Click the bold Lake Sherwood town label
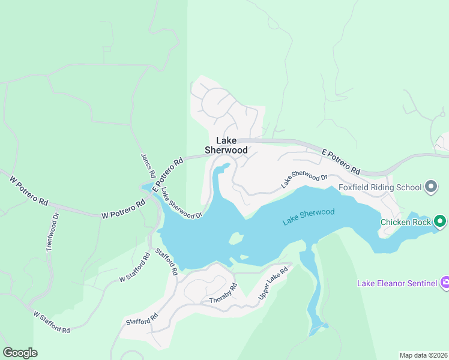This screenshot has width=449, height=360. click(226, 145)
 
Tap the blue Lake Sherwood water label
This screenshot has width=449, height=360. click(308, 217)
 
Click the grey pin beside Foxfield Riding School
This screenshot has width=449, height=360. click(430, 187)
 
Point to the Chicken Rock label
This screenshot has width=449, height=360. click(406, 222)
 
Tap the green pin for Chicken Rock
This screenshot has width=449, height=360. click(439, 222)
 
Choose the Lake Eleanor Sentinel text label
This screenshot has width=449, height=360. click(396, 283)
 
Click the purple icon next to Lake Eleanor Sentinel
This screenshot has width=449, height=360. click(444, 283)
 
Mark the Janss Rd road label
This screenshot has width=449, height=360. click(148, 166)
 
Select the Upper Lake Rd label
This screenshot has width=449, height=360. click(273, 284)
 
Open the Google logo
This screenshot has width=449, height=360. click(20, 353)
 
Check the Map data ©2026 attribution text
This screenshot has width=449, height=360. click(423, 355)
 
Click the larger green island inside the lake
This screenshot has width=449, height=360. click(236, 239)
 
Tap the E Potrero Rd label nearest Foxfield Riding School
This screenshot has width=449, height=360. click(340, 161)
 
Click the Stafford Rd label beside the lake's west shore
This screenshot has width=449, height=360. click(167, 262)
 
